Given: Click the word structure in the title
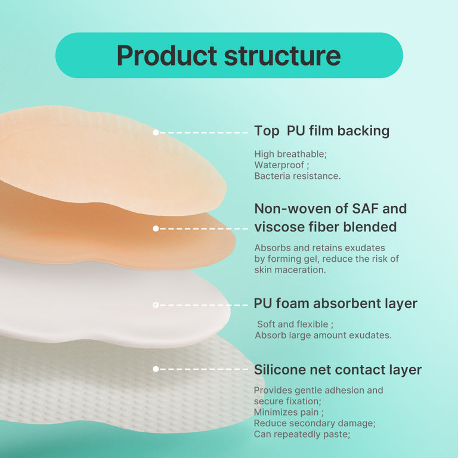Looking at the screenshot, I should [282, 55].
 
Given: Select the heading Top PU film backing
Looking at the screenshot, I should [321, 131].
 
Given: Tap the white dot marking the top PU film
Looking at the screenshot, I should [156, 132].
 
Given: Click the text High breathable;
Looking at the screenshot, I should [290, 154].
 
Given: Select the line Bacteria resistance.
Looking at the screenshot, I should [297, 176].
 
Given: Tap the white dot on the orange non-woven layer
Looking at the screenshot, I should [156, 228].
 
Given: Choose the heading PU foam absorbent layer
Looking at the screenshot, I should [335, 303].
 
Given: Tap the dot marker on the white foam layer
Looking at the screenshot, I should [156, 305].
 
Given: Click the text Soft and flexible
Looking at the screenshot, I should [292, 324].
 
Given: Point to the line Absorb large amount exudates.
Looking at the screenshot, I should [323, 335].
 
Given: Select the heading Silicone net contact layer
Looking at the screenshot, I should [338, 370].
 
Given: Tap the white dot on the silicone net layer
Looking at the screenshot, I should [156, 369].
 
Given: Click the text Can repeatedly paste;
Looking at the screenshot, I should [302, 434].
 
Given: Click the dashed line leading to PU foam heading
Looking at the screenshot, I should [203, 305].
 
